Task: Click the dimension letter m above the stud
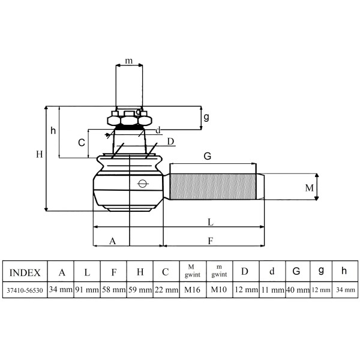[x=129, y=61]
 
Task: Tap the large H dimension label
[x=40, y=154]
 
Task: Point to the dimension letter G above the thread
[x=208, y=156]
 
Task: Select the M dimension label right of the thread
[x=309, y=188]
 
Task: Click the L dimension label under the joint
[x=211, y=222]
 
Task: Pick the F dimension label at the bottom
[x=211, y=241]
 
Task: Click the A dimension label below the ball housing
[x=113, y=241]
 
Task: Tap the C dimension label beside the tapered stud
[x=82, y=143]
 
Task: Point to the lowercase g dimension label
[x=206, y=118]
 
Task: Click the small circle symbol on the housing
[x=142, y=184]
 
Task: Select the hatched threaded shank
[x=213, y=187]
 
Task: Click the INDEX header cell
[x=25, y=272]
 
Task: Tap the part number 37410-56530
[x=25, y=290]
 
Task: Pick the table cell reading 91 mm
[x=87, y=290]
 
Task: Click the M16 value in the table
[x=193, y=290]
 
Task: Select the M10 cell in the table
[x=219, y=290]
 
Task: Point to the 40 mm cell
[x=298, y=290]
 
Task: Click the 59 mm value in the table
[x=140, y=290]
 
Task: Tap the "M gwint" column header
[x=193, y=271]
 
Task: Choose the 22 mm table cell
[x=166, y=290]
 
